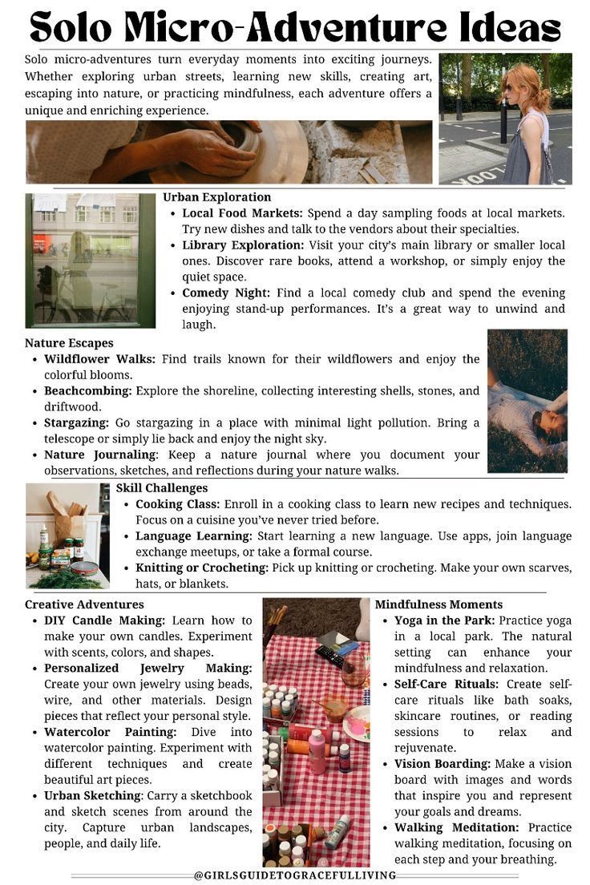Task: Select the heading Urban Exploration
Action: (216, 197)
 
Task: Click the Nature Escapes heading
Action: (69, 343)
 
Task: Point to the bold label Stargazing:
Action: (76, 422)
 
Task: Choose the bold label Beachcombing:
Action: (87, 390)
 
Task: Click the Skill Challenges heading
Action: (162, 488)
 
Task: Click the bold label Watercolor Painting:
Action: (110, 732)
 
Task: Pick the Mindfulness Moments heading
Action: (438, 604)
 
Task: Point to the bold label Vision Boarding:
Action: (442, 764)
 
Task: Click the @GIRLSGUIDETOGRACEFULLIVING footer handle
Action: (295, 875)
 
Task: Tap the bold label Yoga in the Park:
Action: (446, 620)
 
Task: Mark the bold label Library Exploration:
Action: (243, 245)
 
